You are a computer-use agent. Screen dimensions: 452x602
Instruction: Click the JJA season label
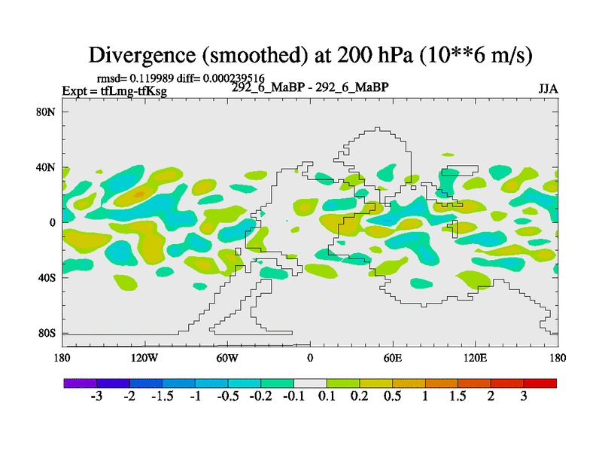coord(548,88)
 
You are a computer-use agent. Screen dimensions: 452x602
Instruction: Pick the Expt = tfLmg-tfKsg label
coord(114,91)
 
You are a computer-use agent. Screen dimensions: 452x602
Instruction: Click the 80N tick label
coord(47,112)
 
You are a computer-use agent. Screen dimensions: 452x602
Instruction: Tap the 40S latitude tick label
coord(47,278)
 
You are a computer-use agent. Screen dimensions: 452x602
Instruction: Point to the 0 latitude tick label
coord(53,223)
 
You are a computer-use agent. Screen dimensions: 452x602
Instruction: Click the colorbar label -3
coord(96,396)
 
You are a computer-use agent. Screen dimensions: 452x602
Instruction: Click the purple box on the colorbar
coord(80,383)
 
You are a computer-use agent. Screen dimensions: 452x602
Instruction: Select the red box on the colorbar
coord(540,383)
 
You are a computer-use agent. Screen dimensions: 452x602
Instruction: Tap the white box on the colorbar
coord(310,383)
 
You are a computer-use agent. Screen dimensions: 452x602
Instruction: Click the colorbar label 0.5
coord(393,396)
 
